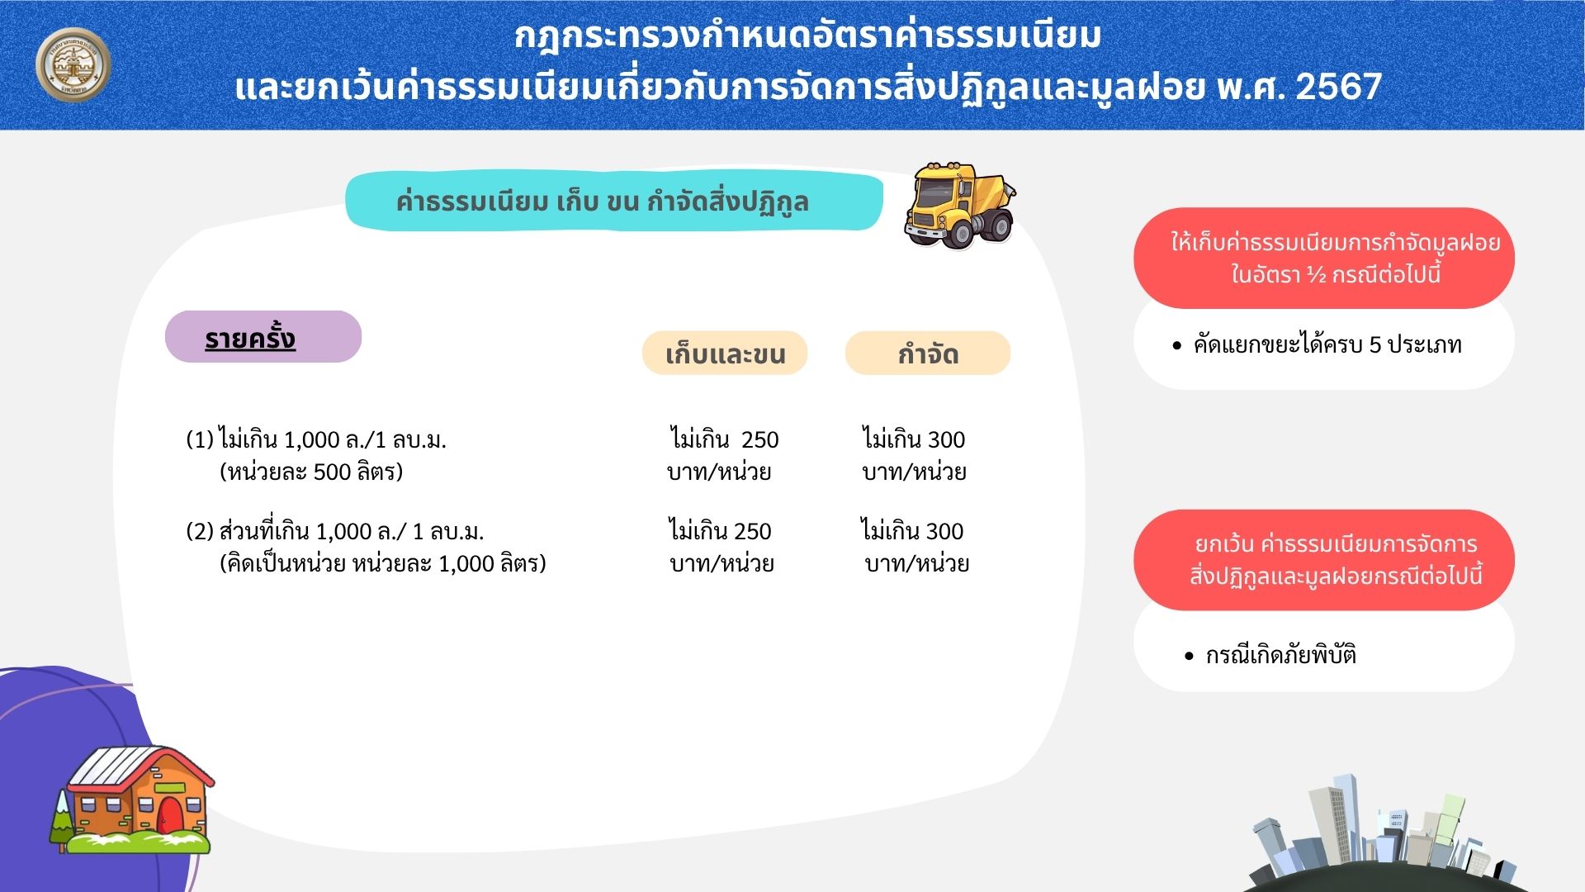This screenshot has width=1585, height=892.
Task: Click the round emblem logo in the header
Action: click(73, 64)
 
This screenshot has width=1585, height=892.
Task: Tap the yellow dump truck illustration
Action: click(959, 206)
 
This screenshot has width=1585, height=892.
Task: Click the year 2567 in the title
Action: click(1338, 87)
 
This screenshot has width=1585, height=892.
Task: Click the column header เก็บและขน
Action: click(725, 353)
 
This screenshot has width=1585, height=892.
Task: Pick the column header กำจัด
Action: click(928, 353)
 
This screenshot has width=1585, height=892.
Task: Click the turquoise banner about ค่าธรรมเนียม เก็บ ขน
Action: click(613, 202)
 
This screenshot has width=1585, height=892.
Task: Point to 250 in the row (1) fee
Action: click(760, 439)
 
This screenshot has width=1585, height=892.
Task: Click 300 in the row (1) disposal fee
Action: click(946, 439)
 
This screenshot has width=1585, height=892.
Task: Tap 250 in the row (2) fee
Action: click(752, 531)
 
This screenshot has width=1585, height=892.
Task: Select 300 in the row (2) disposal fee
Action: click(944, 531)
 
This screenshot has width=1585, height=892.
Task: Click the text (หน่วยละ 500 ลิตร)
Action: click(311, 472)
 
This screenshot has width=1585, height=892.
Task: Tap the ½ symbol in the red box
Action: click(1317, 275)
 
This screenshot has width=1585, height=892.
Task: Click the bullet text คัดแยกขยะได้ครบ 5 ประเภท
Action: click(1327, 344)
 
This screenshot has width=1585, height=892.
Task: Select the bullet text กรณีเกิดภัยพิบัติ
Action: click(1281, 655)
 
